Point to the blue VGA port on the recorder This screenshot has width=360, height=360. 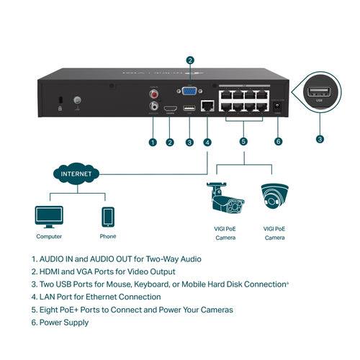[x=189, y=92]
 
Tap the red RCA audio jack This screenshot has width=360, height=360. [x=153, y=93]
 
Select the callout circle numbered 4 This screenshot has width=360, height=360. [x=207, y=143]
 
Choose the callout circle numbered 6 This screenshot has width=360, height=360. [x=279, y=143]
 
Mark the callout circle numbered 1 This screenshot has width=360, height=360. [x=153, y=143]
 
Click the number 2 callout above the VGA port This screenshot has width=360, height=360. [x=189, y=60]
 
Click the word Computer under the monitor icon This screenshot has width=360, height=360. [x=49, y=236]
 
